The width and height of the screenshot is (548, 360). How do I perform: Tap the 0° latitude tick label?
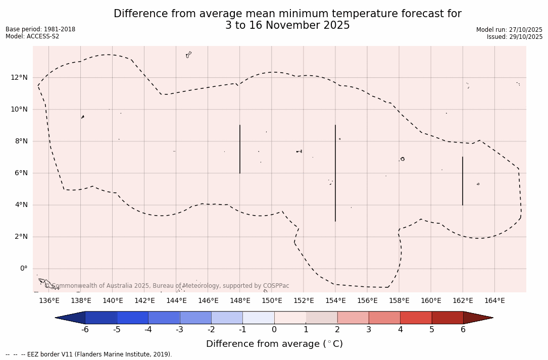point(23,269)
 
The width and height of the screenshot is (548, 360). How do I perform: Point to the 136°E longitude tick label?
point(49,301)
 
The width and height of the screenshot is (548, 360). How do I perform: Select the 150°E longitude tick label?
point(272,301)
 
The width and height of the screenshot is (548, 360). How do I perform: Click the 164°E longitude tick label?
point(494,301)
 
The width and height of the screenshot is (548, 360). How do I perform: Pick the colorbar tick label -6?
point(85,330)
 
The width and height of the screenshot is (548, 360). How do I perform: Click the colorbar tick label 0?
point(274,330)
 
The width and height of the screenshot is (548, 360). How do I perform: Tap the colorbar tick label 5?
point(432,330)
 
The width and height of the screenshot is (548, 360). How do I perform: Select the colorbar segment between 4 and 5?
point(416,318)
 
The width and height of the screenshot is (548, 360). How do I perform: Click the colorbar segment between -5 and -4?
point(132,318)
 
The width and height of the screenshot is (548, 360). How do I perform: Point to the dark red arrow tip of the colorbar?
point(477,318)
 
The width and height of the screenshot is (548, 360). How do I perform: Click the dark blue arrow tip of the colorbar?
point(71,318)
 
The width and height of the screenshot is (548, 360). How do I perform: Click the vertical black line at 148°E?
point(240,149)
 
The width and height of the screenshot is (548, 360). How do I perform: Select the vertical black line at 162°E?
point(463,181)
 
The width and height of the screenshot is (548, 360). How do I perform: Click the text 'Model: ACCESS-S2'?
point(32,36)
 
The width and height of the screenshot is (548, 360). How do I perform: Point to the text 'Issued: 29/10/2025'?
point(515,37)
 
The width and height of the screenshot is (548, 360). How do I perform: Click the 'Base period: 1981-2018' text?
point(40,29)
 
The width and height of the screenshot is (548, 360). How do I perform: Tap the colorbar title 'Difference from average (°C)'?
point(274,344)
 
